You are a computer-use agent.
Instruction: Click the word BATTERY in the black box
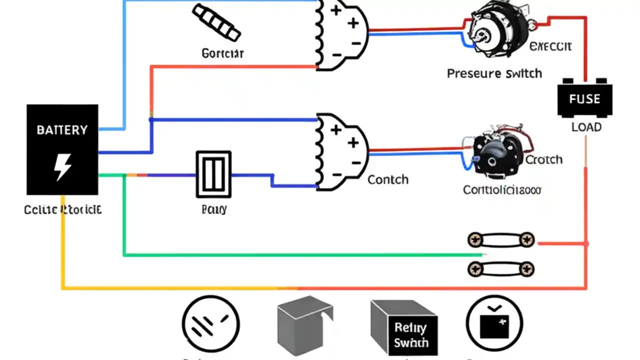click(62, 130)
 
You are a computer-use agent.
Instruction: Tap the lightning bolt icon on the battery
click(62, 167)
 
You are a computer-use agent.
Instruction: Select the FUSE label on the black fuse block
click(584, 98)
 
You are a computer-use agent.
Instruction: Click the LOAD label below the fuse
click(586, 127)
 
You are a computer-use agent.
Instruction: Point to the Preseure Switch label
click(494, 73)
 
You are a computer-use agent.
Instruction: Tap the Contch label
click(387, 179)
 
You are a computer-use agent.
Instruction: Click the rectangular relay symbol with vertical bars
click(213, 174)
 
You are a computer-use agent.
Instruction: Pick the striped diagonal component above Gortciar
click(216, 22)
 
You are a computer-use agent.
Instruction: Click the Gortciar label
click(222, 52)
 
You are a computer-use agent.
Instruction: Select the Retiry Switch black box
click(409, 334)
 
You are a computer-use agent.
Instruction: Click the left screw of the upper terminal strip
click(474, 240)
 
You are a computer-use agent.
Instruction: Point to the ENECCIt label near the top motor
click(550, 46)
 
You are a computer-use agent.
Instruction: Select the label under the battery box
click(62, 209)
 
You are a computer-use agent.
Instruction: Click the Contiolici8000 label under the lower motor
click(501, 190)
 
